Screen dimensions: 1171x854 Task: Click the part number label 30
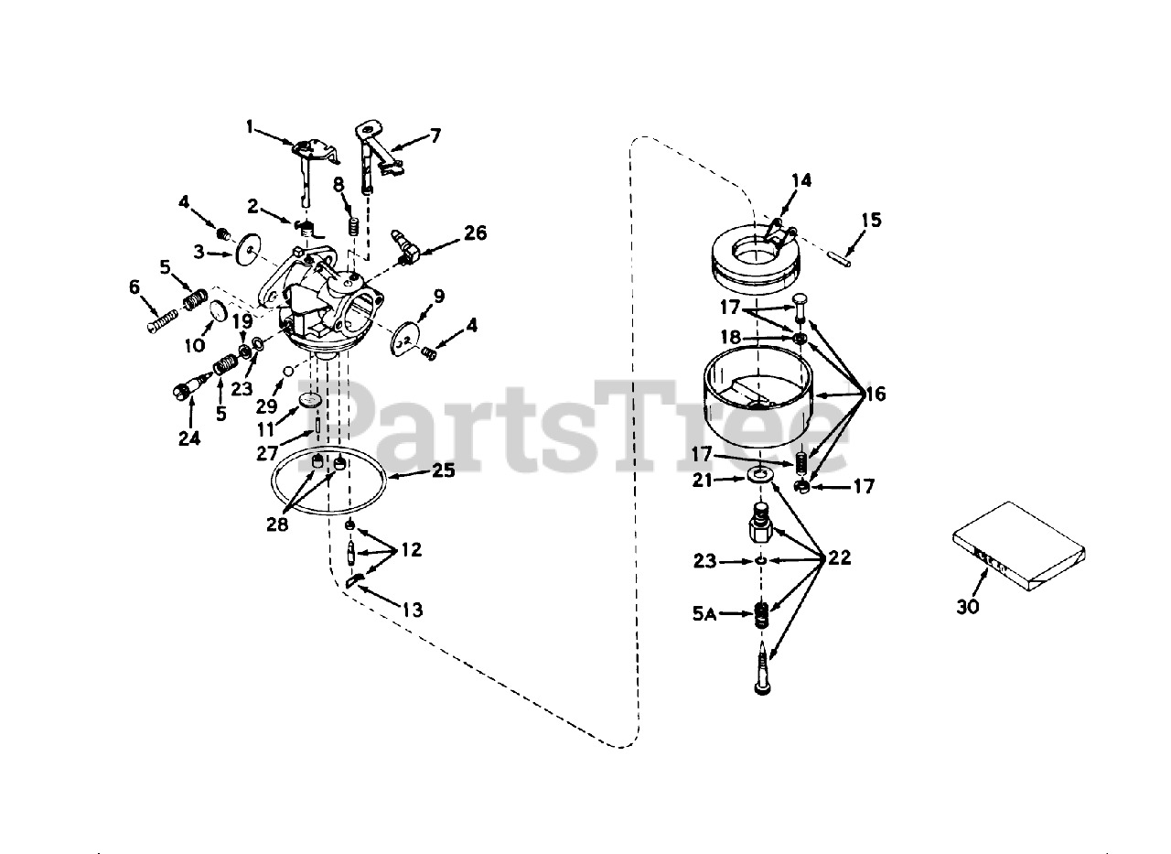click(x=968, y=605)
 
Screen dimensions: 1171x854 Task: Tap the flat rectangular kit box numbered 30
click(x=1015, y=546)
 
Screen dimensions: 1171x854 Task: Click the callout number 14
click(x=800, y=180)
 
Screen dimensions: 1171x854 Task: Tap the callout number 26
click(x=475, y=232)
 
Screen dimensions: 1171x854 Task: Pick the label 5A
click(x=704, y=616)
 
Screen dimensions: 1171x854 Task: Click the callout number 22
click(x=840, y=557)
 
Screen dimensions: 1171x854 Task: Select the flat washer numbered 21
click(x=757, y=477)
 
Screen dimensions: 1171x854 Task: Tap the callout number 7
click(x=435, y=135)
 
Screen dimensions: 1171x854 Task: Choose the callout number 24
click(x=189, y=438)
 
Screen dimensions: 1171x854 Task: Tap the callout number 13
click(x=413, y=610)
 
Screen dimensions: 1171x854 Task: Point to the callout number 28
click(x=276, y=524)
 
